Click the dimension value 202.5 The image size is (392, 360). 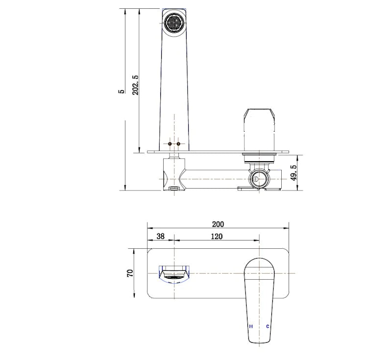click(x=136, y=84)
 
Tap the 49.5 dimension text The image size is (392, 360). click(x=294, y=173)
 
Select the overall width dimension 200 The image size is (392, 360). click(x=218, y=224)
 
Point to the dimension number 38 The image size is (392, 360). click(x=160, y=236)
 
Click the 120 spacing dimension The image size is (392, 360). click(x=217, y=236)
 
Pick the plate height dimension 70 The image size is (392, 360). click(x=130, y=273)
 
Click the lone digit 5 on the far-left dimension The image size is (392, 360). click(x=121, y=92)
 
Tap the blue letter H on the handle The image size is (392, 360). click(x=250, y=326)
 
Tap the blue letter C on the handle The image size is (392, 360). click(x=268, y=326)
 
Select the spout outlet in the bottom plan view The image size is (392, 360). click(x=173, y=273)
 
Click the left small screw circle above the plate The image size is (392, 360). click(x=170, y=144)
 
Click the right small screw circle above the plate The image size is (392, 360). click(x=178, y=144)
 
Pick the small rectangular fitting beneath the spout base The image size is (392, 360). click(x=174, y=188)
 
